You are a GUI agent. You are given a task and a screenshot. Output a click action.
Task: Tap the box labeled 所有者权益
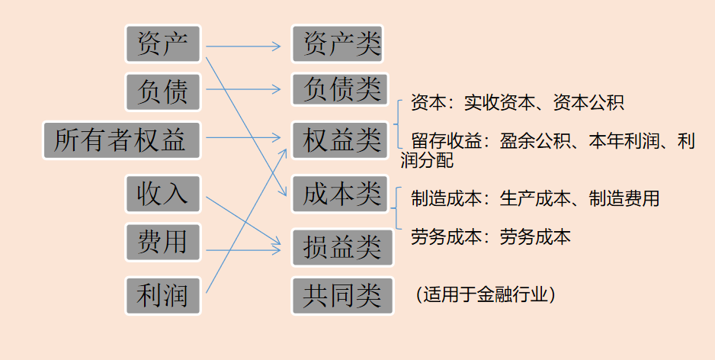point(121,140)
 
